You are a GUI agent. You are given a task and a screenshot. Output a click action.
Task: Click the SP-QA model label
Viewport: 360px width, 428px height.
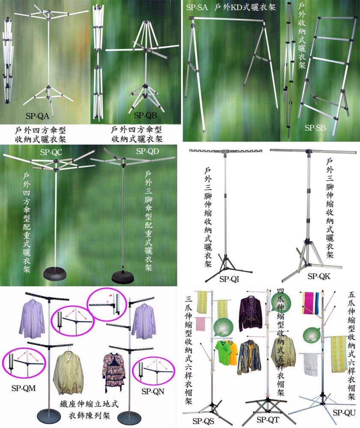point(37,116)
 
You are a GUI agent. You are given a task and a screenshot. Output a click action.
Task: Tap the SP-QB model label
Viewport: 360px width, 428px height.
point(145,116)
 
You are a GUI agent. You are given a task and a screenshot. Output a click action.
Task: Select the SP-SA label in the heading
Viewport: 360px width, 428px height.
point(197,8)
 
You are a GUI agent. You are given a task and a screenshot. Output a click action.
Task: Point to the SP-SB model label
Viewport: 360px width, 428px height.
point(315,128)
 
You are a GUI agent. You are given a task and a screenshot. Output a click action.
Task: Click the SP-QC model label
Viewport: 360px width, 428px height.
point(51,152)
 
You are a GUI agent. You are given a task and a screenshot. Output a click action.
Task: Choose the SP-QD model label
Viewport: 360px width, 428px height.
point(147,151)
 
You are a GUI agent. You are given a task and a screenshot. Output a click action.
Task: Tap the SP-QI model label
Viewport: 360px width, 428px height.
point(229,279)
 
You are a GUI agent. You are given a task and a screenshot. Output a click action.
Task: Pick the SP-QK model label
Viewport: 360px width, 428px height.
point(319,276)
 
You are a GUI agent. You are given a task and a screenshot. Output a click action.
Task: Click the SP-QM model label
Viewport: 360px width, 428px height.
point(24,388)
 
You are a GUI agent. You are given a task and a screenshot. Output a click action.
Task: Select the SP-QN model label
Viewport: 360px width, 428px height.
point(153,392)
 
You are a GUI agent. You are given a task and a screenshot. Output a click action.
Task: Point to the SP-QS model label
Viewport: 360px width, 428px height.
point(203,421)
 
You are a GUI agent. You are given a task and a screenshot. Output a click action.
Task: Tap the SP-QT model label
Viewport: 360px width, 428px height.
point(268,419)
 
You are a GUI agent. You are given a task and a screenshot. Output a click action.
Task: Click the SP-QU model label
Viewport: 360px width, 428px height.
point(344,413)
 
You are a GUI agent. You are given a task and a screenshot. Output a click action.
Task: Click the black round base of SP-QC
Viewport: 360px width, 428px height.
point(55,274)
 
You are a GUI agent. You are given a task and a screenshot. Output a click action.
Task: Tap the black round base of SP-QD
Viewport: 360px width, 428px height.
point(123,276)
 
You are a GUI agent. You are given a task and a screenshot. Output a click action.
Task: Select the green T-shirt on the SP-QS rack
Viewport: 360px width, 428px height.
point(226,352)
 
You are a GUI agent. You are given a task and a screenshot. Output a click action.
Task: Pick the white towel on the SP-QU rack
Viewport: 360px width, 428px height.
point(311,364)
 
